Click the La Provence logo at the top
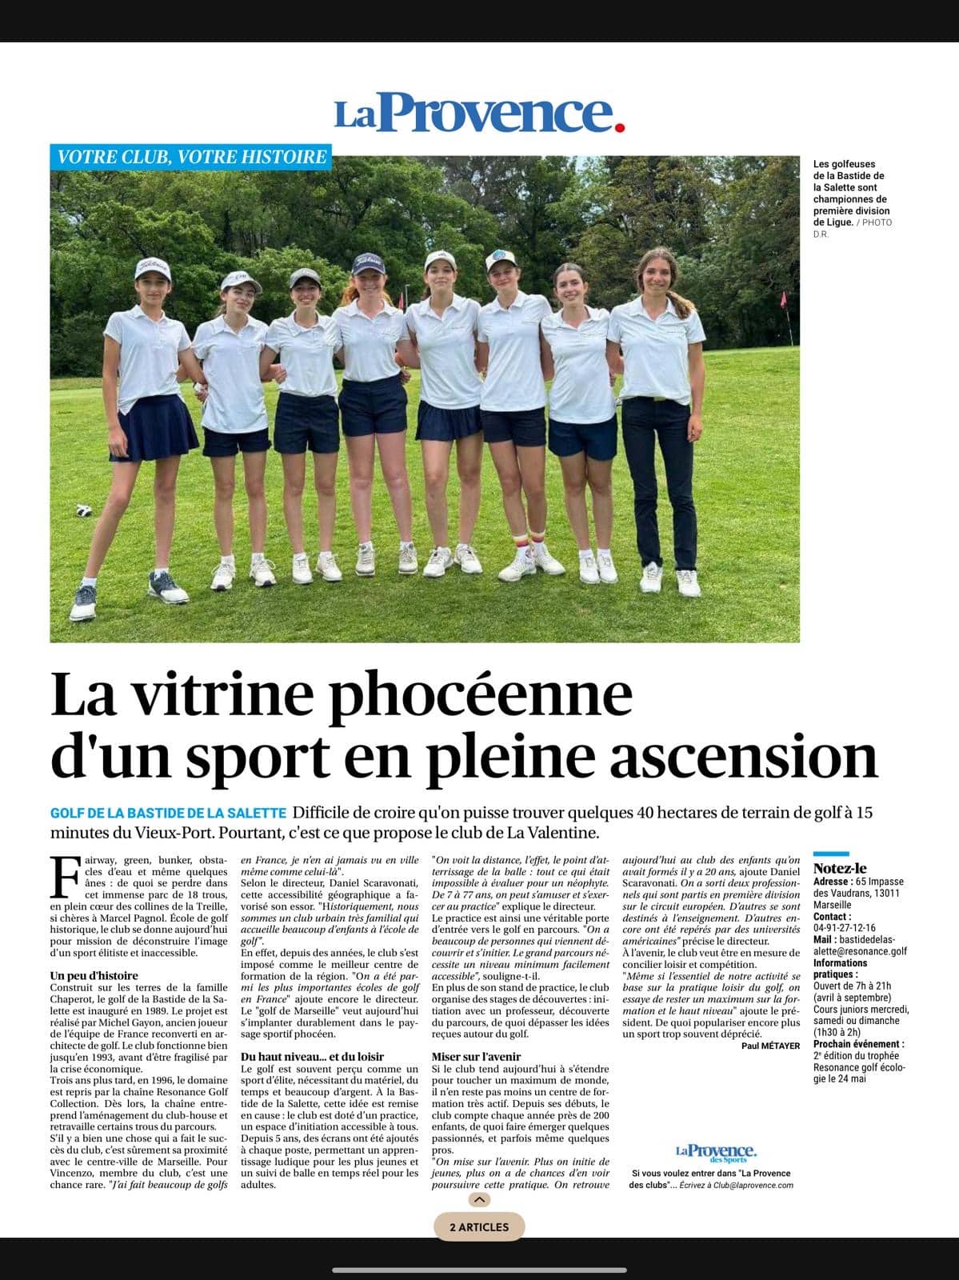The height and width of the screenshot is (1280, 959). [479, 114]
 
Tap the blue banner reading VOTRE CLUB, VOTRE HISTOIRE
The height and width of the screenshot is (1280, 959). [190, 156]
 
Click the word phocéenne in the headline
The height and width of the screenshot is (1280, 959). [481, 694]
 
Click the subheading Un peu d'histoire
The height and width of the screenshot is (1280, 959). [94, 976]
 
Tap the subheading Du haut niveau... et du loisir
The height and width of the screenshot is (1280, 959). [312, 1057]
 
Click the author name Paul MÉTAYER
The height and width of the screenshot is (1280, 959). [770, 1046]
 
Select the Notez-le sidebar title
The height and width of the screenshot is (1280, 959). [840, 868]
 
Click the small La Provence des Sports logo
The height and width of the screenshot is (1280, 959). [716, 1152]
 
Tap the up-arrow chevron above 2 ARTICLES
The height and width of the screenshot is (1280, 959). [478, 1200]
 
